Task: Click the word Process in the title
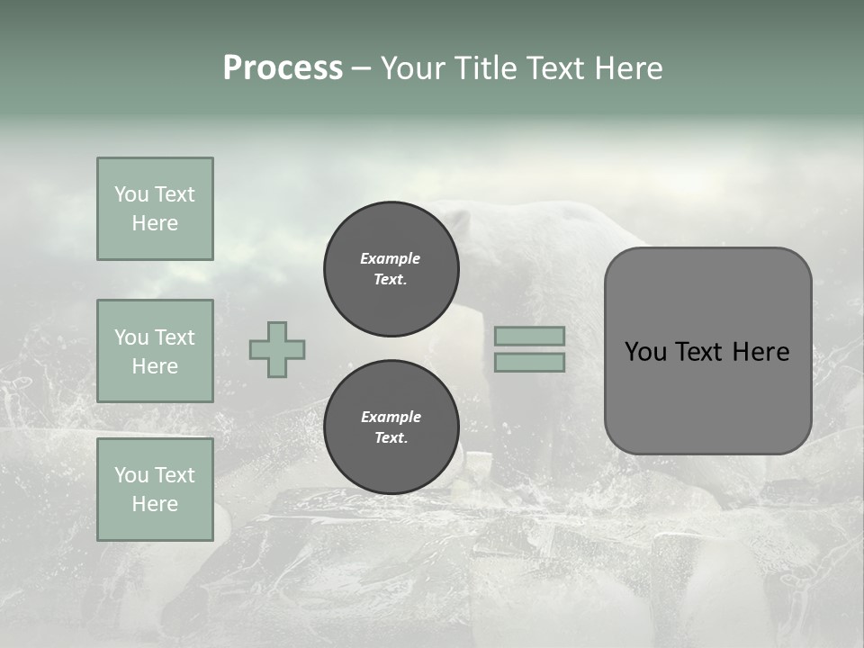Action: (283, 67)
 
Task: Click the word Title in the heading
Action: (482, 67)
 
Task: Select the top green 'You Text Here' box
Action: (155, 209)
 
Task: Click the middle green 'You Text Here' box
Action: (155, 351)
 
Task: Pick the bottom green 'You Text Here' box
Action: (155, 489)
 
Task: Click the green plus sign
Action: (277, 349)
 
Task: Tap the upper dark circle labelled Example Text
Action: (391, 269)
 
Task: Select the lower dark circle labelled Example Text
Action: (391, 427)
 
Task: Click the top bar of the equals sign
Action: (529, 336)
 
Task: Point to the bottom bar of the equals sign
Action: (529, 362)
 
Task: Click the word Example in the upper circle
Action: (391, 258)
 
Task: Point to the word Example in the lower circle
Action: (391, 417)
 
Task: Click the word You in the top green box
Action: (131, 194)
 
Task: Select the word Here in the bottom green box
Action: (155, 504)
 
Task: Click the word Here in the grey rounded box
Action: (761, 352)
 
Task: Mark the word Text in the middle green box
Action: (174, 337)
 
